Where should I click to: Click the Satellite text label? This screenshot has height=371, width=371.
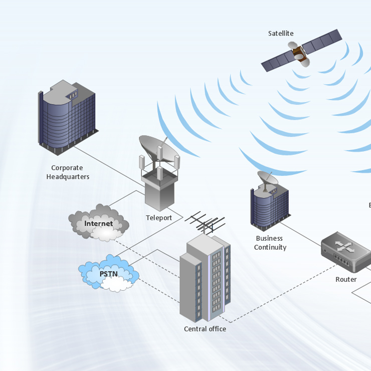coord(281,34)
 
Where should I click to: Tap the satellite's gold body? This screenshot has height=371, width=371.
coord(299,52)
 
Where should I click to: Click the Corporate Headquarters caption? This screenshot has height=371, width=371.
coord(67,172)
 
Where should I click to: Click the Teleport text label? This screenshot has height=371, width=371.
coord(159,218)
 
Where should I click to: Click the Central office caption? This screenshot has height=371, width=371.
coord(205,329)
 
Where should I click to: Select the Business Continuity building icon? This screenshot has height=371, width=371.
coord(270,205)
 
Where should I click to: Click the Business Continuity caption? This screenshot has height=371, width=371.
coord(270,243)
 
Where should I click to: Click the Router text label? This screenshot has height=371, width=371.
coord(346,279)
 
